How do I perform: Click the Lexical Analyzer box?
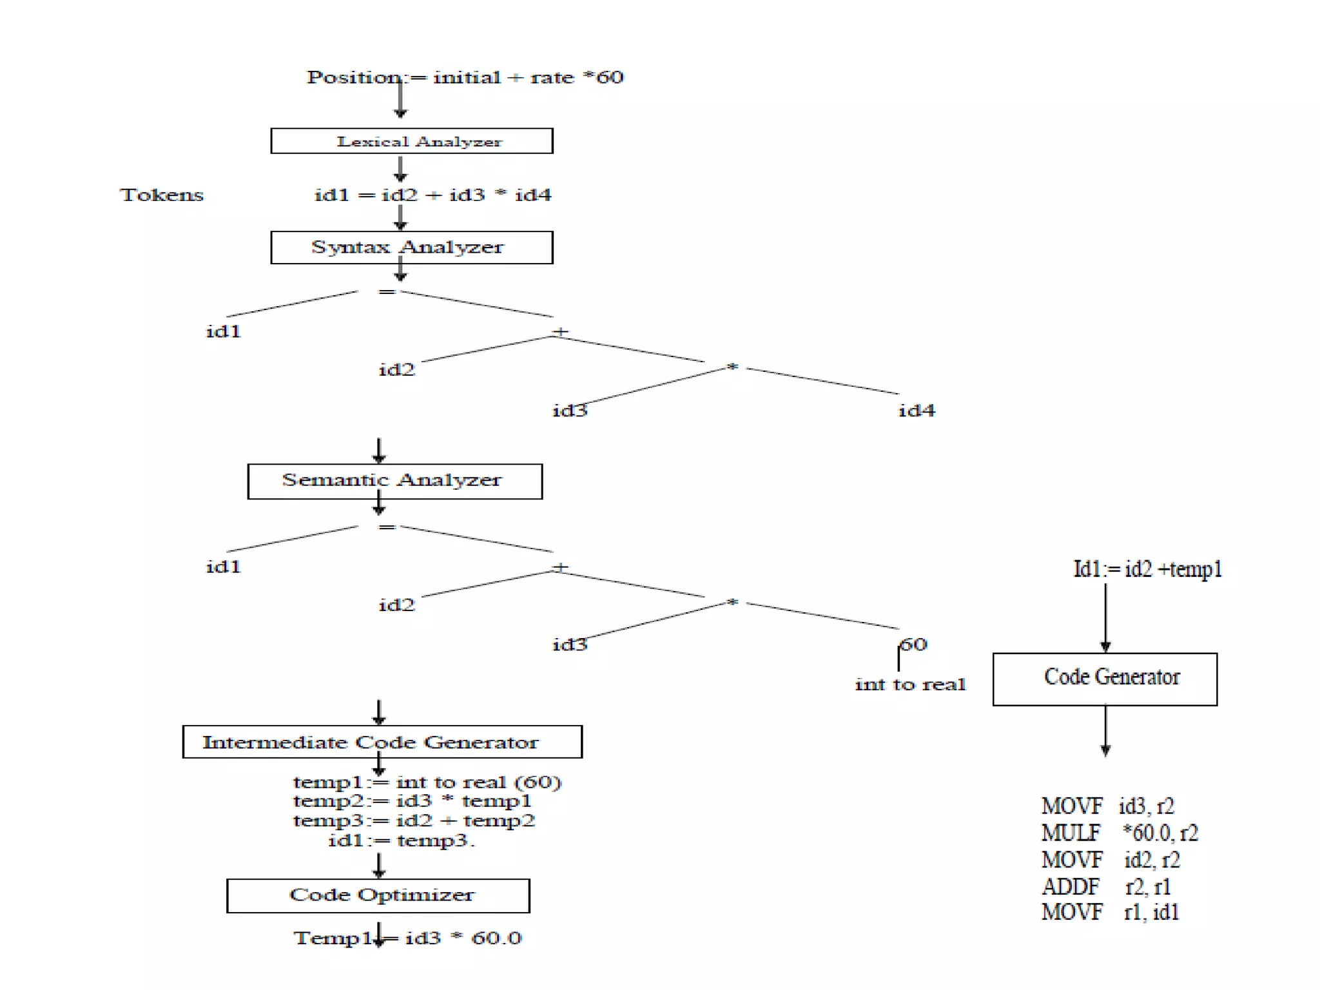411,141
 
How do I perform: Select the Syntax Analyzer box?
411,247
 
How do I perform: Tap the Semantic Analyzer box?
394,481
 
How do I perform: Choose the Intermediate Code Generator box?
382,742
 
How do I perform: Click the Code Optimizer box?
378,895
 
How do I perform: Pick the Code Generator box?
1105,679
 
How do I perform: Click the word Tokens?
161,195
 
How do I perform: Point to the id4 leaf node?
916,411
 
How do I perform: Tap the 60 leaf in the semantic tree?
914,644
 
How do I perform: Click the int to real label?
910,684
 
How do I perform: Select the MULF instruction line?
1120,833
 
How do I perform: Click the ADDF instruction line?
1106,887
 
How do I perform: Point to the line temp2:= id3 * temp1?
412,801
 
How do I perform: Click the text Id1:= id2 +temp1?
1147,569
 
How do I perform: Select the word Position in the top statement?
353,77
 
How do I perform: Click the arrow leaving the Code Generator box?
1105,731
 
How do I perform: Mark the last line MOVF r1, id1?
1110,913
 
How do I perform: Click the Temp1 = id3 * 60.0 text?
407,938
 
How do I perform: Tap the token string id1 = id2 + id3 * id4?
432,195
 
